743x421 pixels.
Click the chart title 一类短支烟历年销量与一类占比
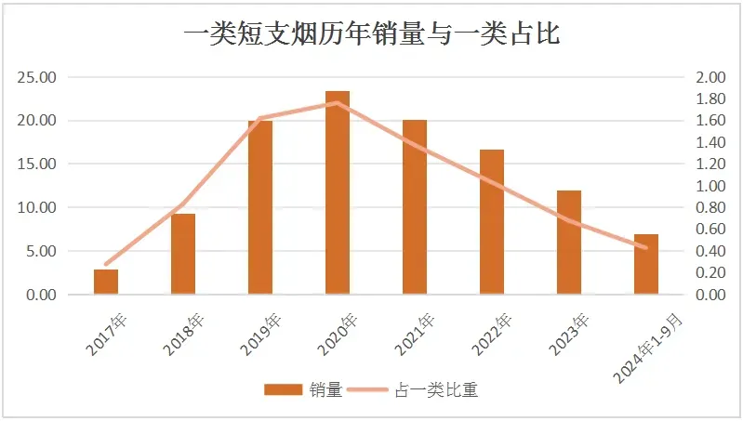pyautogui.click(x=371, y=34)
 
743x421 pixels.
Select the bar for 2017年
pyautogui.click(x=106, y=282)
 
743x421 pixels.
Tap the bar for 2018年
pyautogui.click(x=183, y=254)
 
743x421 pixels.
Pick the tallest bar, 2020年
pyautogui.click(x=338, y=193)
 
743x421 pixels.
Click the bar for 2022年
pyautogui.click(x=492, y=222)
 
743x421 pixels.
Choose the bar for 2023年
pyautogui.click(x=569, y=243)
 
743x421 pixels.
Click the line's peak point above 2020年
pyautogui.click(x=338, y=102)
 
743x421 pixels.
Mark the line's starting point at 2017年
pyautogui.click(x=106, y=265)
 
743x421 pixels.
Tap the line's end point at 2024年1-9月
pyautogui.click(x=646, y=248)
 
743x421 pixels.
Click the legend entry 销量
pyautogui.click(x=302, y=389)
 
